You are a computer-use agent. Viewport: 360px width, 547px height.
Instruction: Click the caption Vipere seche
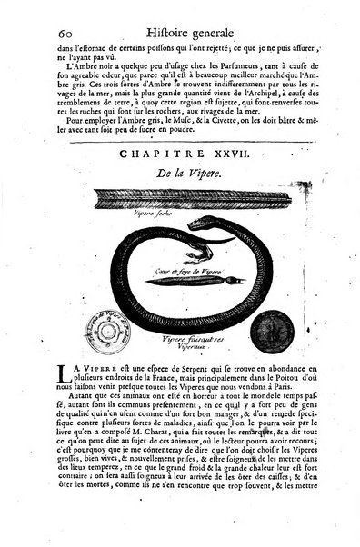[x=122, y=208]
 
